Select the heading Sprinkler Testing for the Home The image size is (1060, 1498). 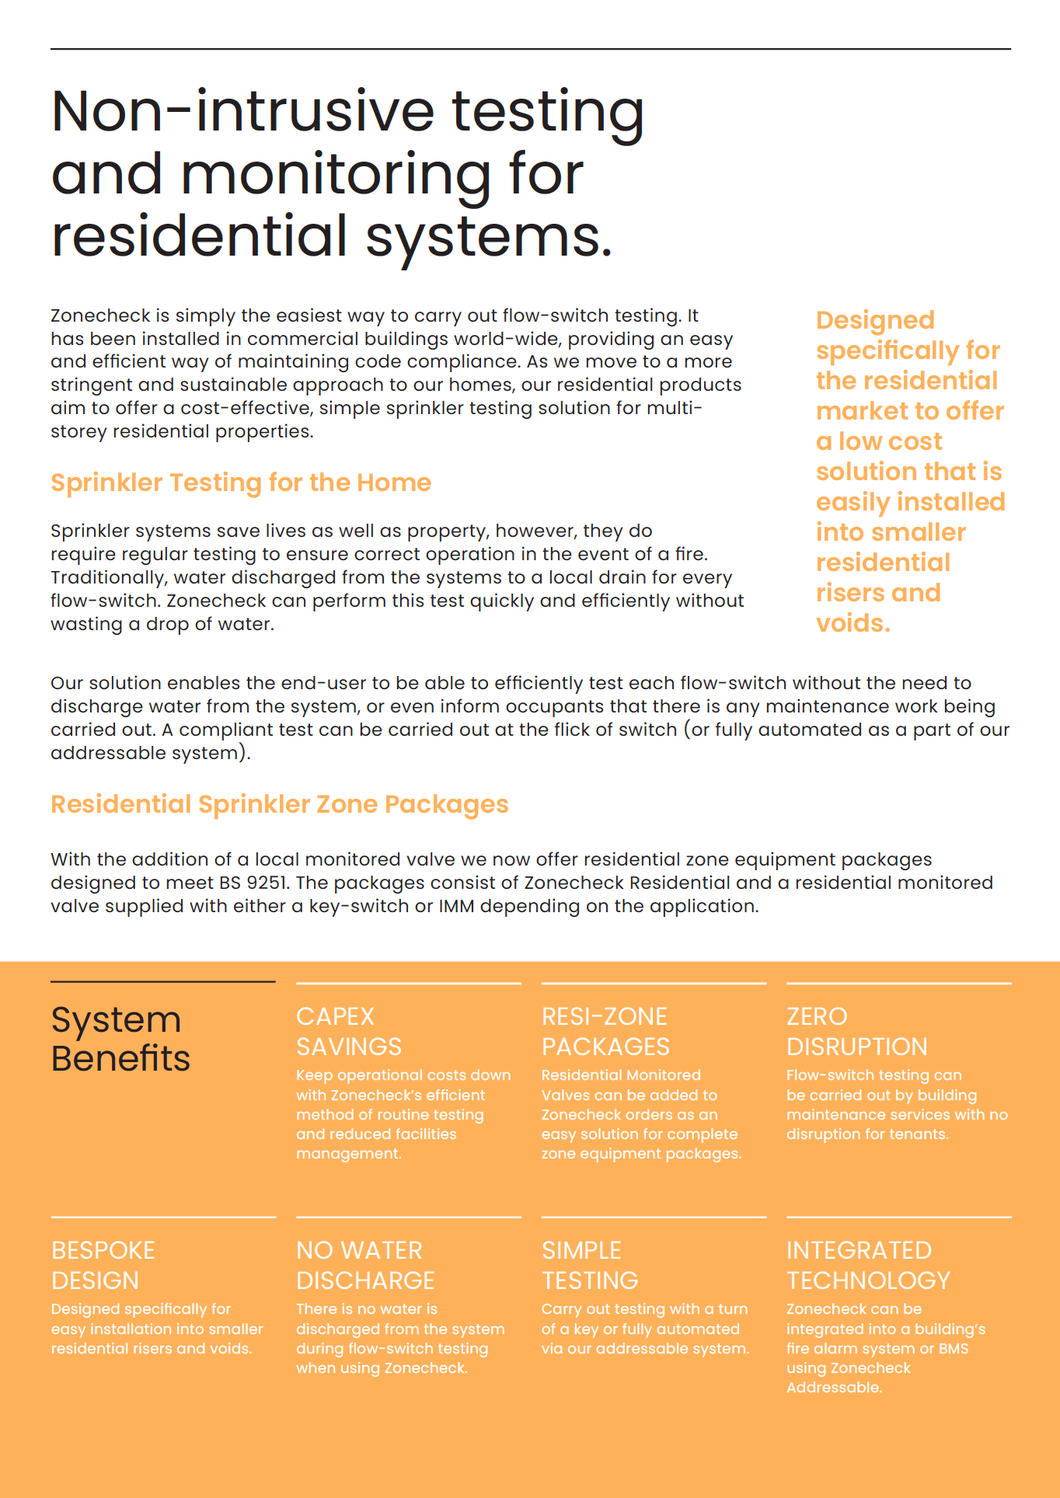241,482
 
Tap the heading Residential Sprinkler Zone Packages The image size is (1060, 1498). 280,804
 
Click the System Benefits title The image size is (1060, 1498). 120,1039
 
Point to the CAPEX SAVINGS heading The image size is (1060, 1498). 349,1031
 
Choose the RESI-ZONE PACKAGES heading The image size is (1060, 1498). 605,1031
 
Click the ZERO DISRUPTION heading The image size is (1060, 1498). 856,1031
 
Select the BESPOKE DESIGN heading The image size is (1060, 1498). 103,1265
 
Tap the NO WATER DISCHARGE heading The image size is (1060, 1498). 365,1265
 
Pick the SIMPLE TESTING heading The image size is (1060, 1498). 590,1265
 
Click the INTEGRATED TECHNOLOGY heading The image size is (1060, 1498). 868,1265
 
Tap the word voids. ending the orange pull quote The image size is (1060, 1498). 853,623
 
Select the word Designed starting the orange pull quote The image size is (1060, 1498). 875,320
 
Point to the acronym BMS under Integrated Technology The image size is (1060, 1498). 954,1349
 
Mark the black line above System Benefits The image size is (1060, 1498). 163,982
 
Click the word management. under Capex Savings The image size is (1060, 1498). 349,1154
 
